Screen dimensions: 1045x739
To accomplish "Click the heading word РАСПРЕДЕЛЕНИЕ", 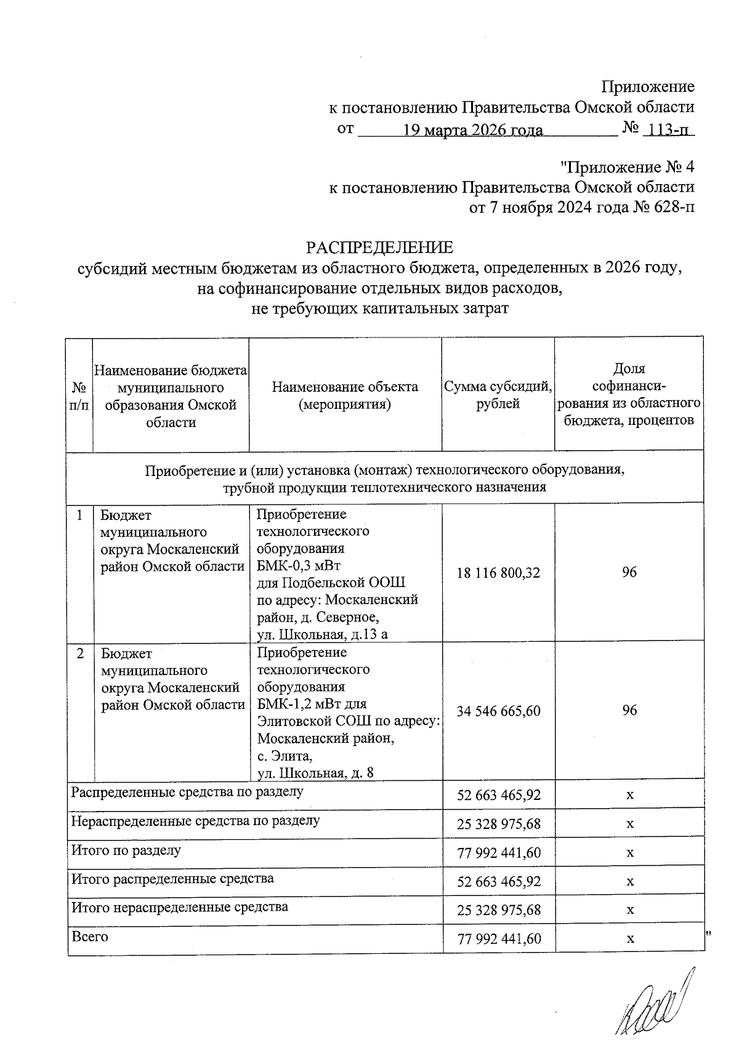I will pos(380,248).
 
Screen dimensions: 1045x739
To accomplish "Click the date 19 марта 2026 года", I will pos(473,130).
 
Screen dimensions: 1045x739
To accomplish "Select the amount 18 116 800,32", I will pos(498,573).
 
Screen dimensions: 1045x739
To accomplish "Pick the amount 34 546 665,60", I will pos(498,711).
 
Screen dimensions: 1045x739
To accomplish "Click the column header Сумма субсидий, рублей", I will pos(498,395).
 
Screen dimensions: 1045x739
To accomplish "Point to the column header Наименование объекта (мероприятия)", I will pos(345,395).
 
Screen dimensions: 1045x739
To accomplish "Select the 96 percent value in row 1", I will pos(629,573).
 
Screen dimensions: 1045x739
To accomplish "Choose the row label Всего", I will pos(90,937).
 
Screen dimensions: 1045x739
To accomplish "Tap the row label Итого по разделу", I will pos(126,850).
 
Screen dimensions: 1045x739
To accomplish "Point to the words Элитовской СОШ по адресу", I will pos(348,721).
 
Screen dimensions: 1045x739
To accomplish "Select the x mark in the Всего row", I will pos(630,939).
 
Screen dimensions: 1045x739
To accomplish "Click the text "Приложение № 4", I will pos(628,167).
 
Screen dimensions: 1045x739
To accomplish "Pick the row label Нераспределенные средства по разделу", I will pos(195,821).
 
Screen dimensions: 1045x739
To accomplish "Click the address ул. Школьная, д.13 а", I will pos(322,634).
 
